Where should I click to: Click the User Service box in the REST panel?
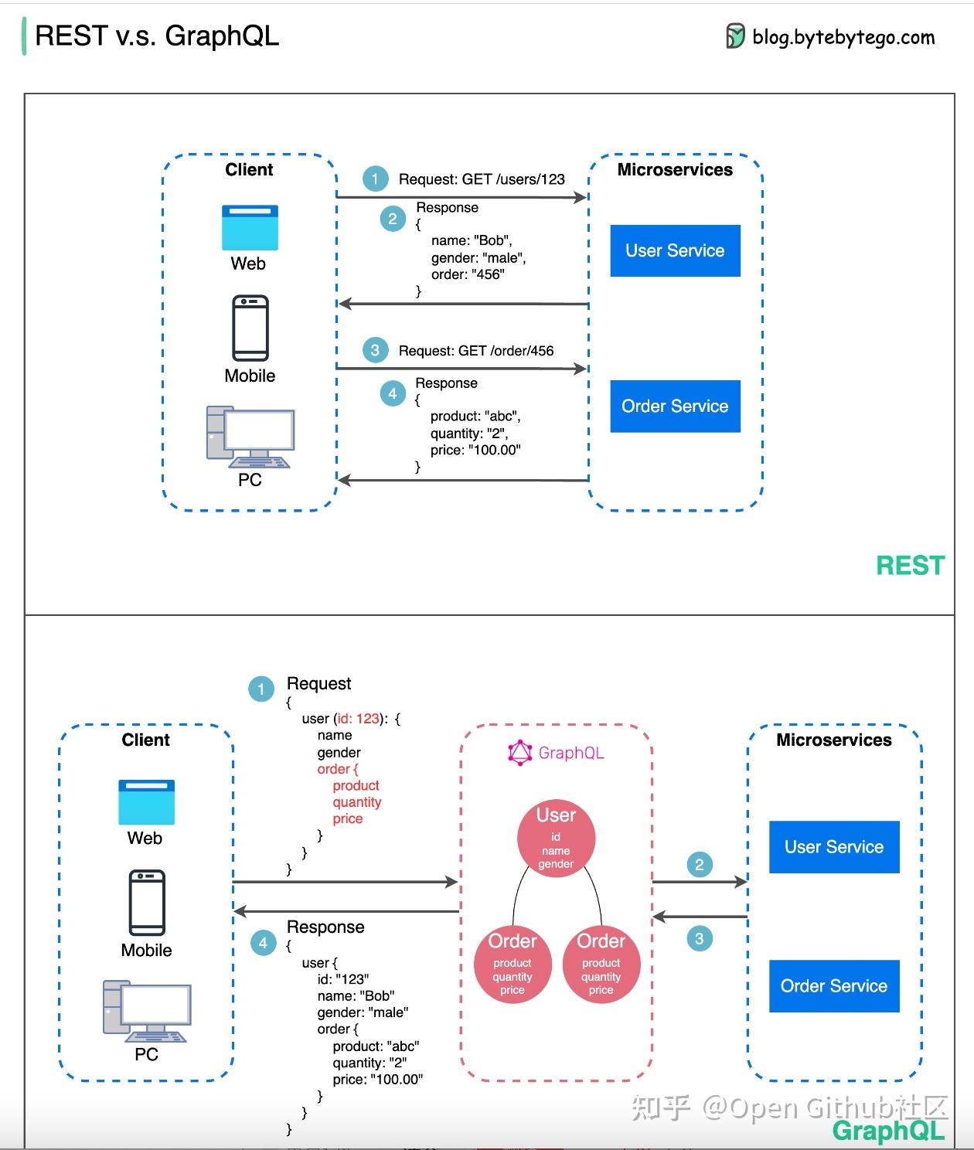pos(675,250)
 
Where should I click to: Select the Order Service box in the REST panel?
pos(675,407)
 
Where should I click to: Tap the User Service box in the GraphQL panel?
pos(834,847)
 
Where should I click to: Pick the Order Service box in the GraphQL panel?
pos(834,986)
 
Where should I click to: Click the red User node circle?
pos(556,839)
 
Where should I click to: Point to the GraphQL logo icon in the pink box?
pos(519,753)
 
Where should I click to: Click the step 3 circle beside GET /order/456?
pos(375,350)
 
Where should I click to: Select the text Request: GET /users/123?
pos(482,179)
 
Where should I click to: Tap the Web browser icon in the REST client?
pos(250,227)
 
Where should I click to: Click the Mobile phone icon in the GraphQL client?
pos(147,903)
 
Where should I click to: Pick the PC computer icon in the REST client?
pos(250,437)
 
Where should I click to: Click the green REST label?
pos(910,565)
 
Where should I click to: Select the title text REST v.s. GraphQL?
pos(157,36)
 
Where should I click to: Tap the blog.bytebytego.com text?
pos(843,37)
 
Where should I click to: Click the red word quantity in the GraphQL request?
pos(357,801)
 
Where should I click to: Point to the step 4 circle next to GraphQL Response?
pos(264,942)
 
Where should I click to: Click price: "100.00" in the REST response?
pos(475,450)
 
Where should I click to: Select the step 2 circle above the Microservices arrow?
pos(700,864)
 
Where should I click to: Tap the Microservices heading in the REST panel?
pos(675,170)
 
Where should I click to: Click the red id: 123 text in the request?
pos(358,718)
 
